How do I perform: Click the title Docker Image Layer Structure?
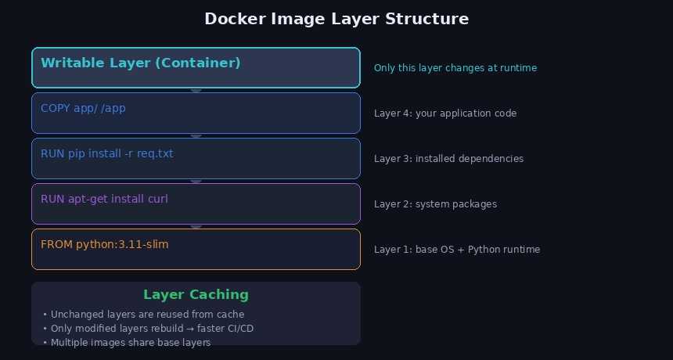click(336, 19)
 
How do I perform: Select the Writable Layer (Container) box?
click(196, 67)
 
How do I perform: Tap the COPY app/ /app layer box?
click(196, 113)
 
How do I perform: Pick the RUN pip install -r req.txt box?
click(196, 158)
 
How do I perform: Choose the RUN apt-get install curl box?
click(196, 203)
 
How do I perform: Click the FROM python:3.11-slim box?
click(196, 249)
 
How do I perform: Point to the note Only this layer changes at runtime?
click(455, 68)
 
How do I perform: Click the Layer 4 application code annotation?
click(445, 113)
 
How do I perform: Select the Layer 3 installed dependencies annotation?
click(448, 159)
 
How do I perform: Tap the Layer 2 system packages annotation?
click(435, 204)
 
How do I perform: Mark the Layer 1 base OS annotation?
click(457, 250)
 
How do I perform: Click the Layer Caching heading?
click(196, 295)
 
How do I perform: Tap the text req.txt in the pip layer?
click(155, 153)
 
